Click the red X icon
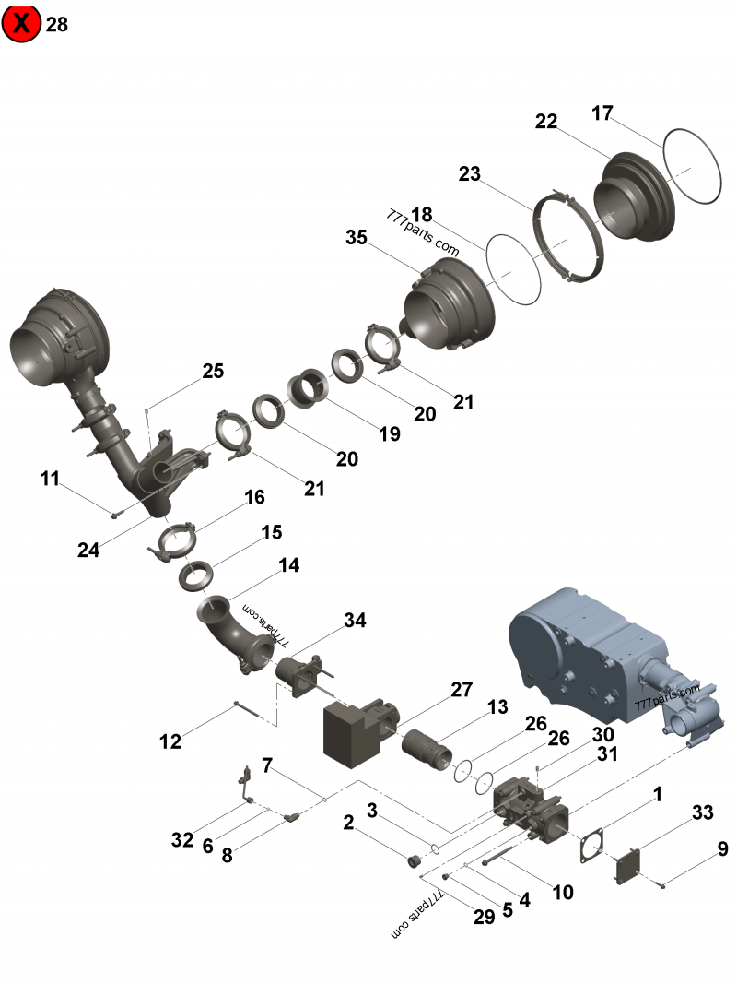point(21,24)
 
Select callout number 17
point(602,114)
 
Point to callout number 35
point(357,237)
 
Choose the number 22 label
point(546,122)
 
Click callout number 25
point(213,371)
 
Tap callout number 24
point(88,550)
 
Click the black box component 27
point(355,730)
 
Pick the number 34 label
point(356,621)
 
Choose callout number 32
point(181,839)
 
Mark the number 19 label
point(390,433)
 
